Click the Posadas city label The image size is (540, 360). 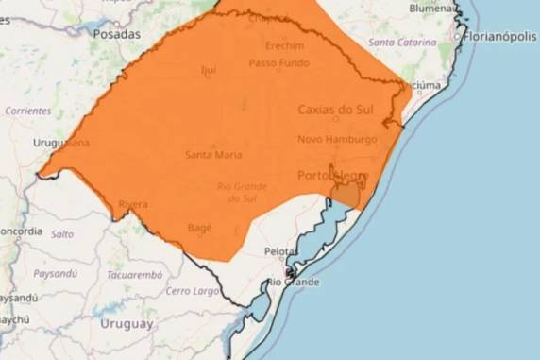click(x=116, y=33)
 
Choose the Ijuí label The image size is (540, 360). click(x=209, y=70)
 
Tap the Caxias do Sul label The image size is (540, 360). click(x=335, y=110)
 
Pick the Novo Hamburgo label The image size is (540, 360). click(x=337, y=139)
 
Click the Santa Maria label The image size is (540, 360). click(x=212, y=155)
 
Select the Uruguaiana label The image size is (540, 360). click(x=61, y=143)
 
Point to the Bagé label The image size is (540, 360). click(x=200, y=228)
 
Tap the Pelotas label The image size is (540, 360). click(x=282, y=252)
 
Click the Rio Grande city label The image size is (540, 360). click(x=293, y=282)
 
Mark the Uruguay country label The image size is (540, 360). click(x=127, y=323)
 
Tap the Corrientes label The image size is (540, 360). click(x=27, y=111)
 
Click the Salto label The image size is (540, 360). click(x=62, y=233)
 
